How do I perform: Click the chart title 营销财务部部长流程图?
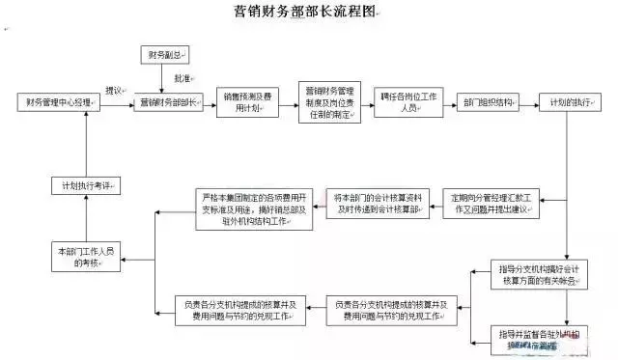point(308,12)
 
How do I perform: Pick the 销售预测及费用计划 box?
point(248,102)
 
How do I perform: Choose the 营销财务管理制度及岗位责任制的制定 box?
point(326,102)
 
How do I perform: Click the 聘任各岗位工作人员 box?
point(410,102)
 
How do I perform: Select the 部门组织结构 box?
point(490,101)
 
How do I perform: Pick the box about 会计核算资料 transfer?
point(377,203)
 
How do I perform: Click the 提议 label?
point(113,91)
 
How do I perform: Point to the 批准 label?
point(182,77)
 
